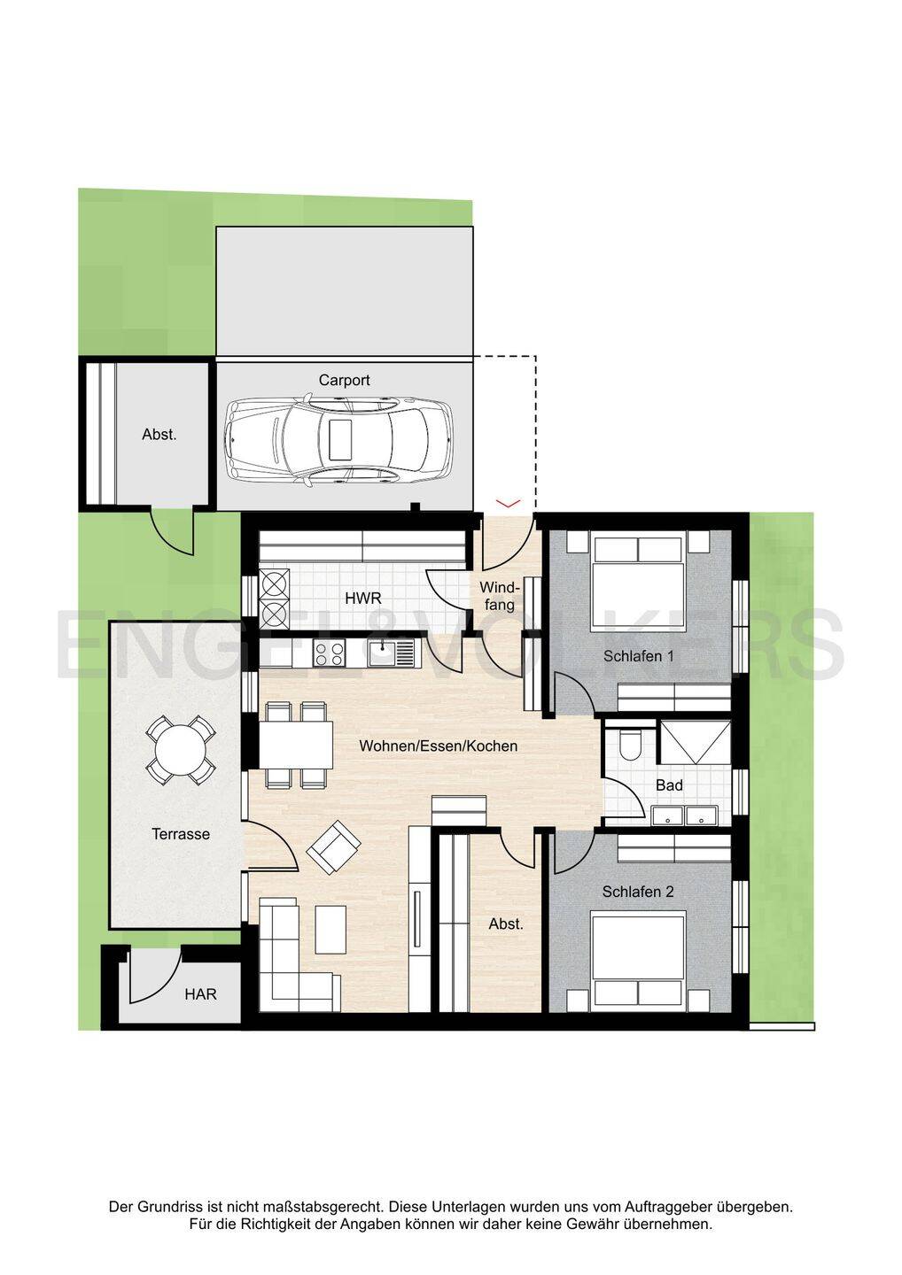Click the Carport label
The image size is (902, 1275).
coord(344,380)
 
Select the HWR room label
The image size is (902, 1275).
coord(362,599)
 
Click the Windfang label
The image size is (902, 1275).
coord(500,595)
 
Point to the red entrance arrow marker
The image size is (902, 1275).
coord(508,503)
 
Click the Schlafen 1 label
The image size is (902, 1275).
coord(638,656)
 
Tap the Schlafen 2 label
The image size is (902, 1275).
coord(638,892)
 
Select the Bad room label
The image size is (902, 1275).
coord(669,785)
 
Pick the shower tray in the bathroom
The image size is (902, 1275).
coord(695,742)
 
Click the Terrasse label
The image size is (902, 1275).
coord(181,834)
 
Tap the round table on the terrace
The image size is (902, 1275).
coord(181,750)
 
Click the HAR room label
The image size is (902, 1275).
coord(200,994)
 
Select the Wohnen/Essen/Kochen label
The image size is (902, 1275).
coord(438,746)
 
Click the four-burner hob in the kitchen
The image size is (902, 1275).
coord(329,653)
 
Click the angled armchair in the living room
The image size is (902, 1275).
coord(334,847)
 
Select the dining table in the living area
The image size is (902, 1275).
coord(296,745)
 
